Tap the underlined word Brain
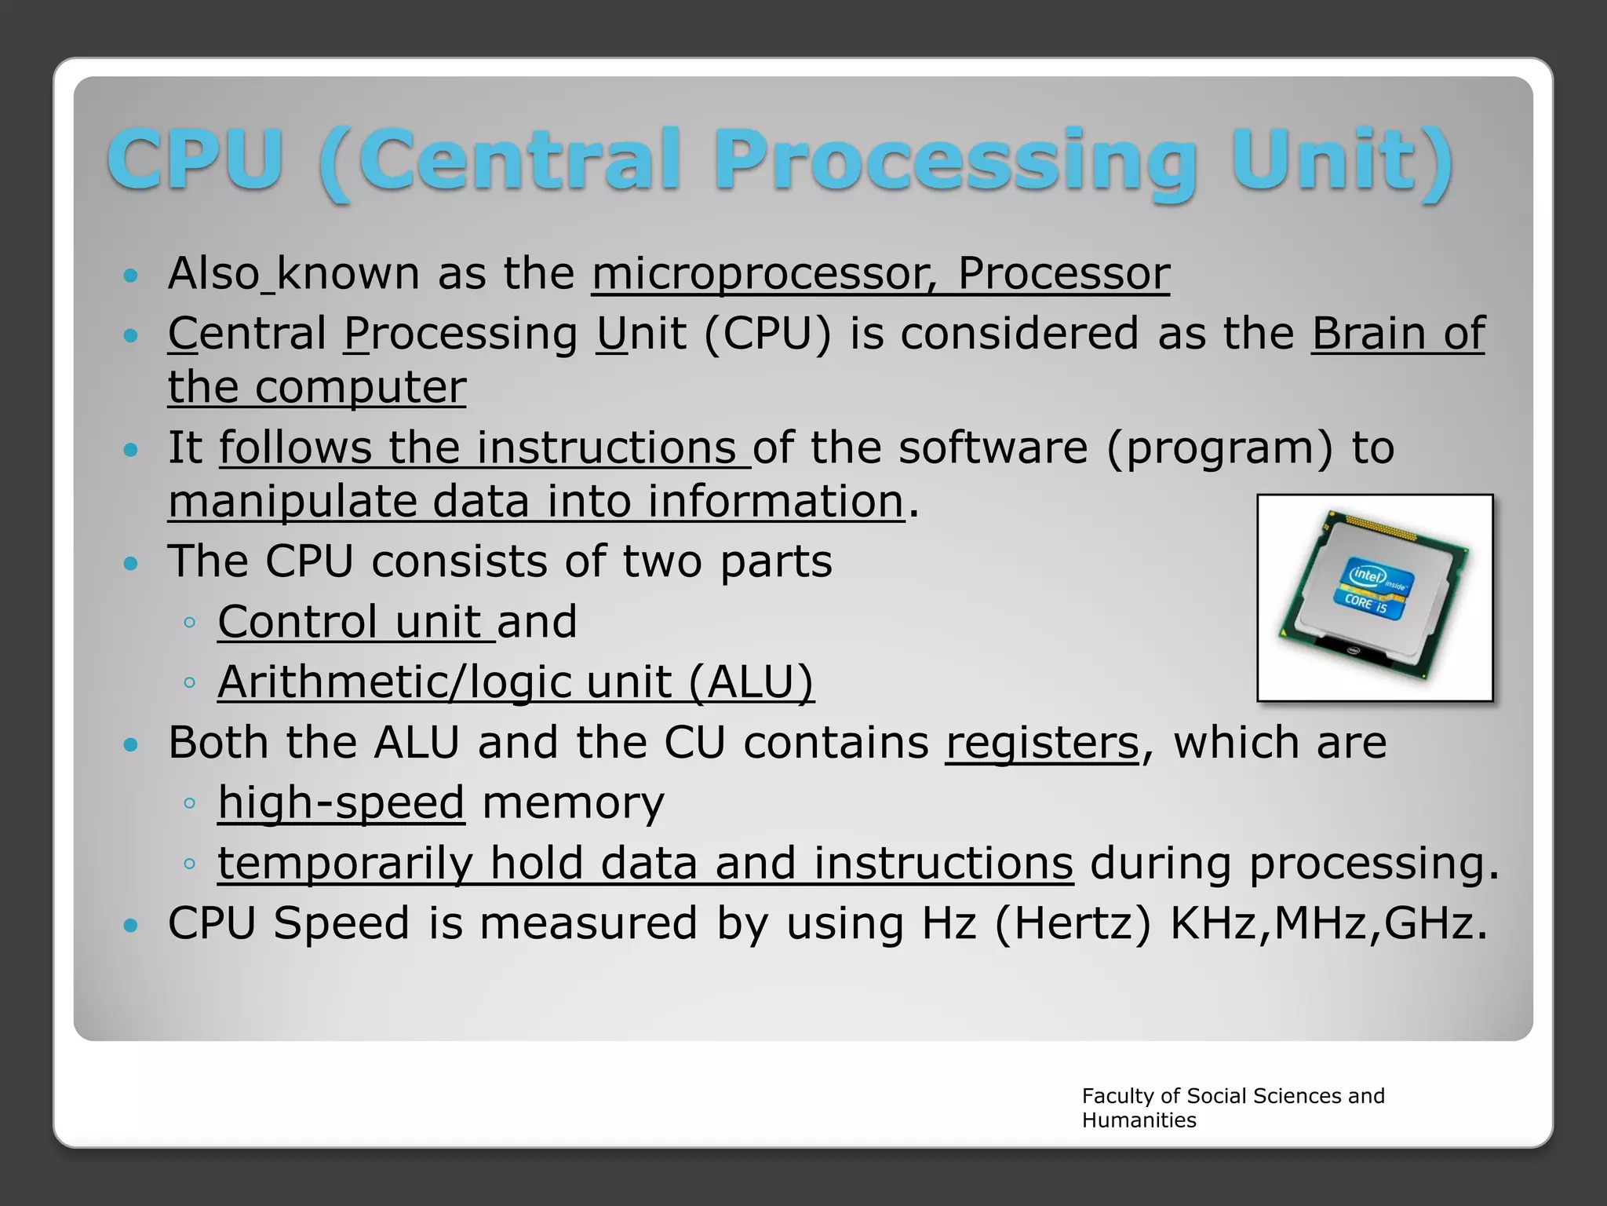[1368, 334]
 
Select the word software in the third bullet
[993, 448]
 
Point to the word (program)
[1220, 448]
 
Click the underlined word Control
[297, 622]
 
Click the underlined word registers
[1041, 742]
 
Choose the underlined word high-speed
[341, 802]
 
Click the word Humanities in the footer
[1139, 1120]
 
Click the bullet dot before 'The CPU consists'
[131, 564]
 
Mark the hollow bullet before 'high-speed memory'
[189, 803]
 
